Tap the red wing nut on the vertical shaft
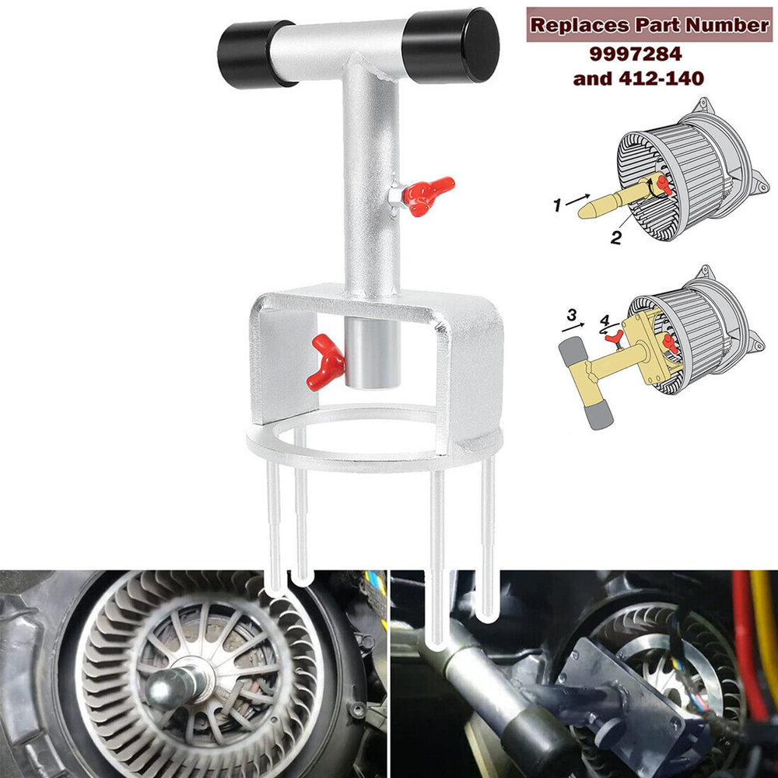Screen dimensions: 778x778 (x=429, y=193)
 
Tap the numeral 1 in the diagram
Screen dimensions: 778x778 (x=556, y=206)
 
